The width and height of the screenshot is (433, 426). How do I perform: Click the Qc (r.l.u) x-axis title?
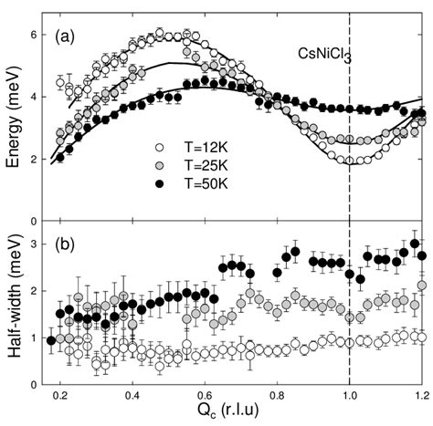(x=240, y=415)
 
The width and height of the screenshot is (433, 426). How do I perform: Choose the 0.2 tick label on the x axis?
(x=60, y=395)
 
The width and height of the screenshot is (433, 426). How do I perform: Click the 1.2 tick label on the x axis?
(x=420, y=395)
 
